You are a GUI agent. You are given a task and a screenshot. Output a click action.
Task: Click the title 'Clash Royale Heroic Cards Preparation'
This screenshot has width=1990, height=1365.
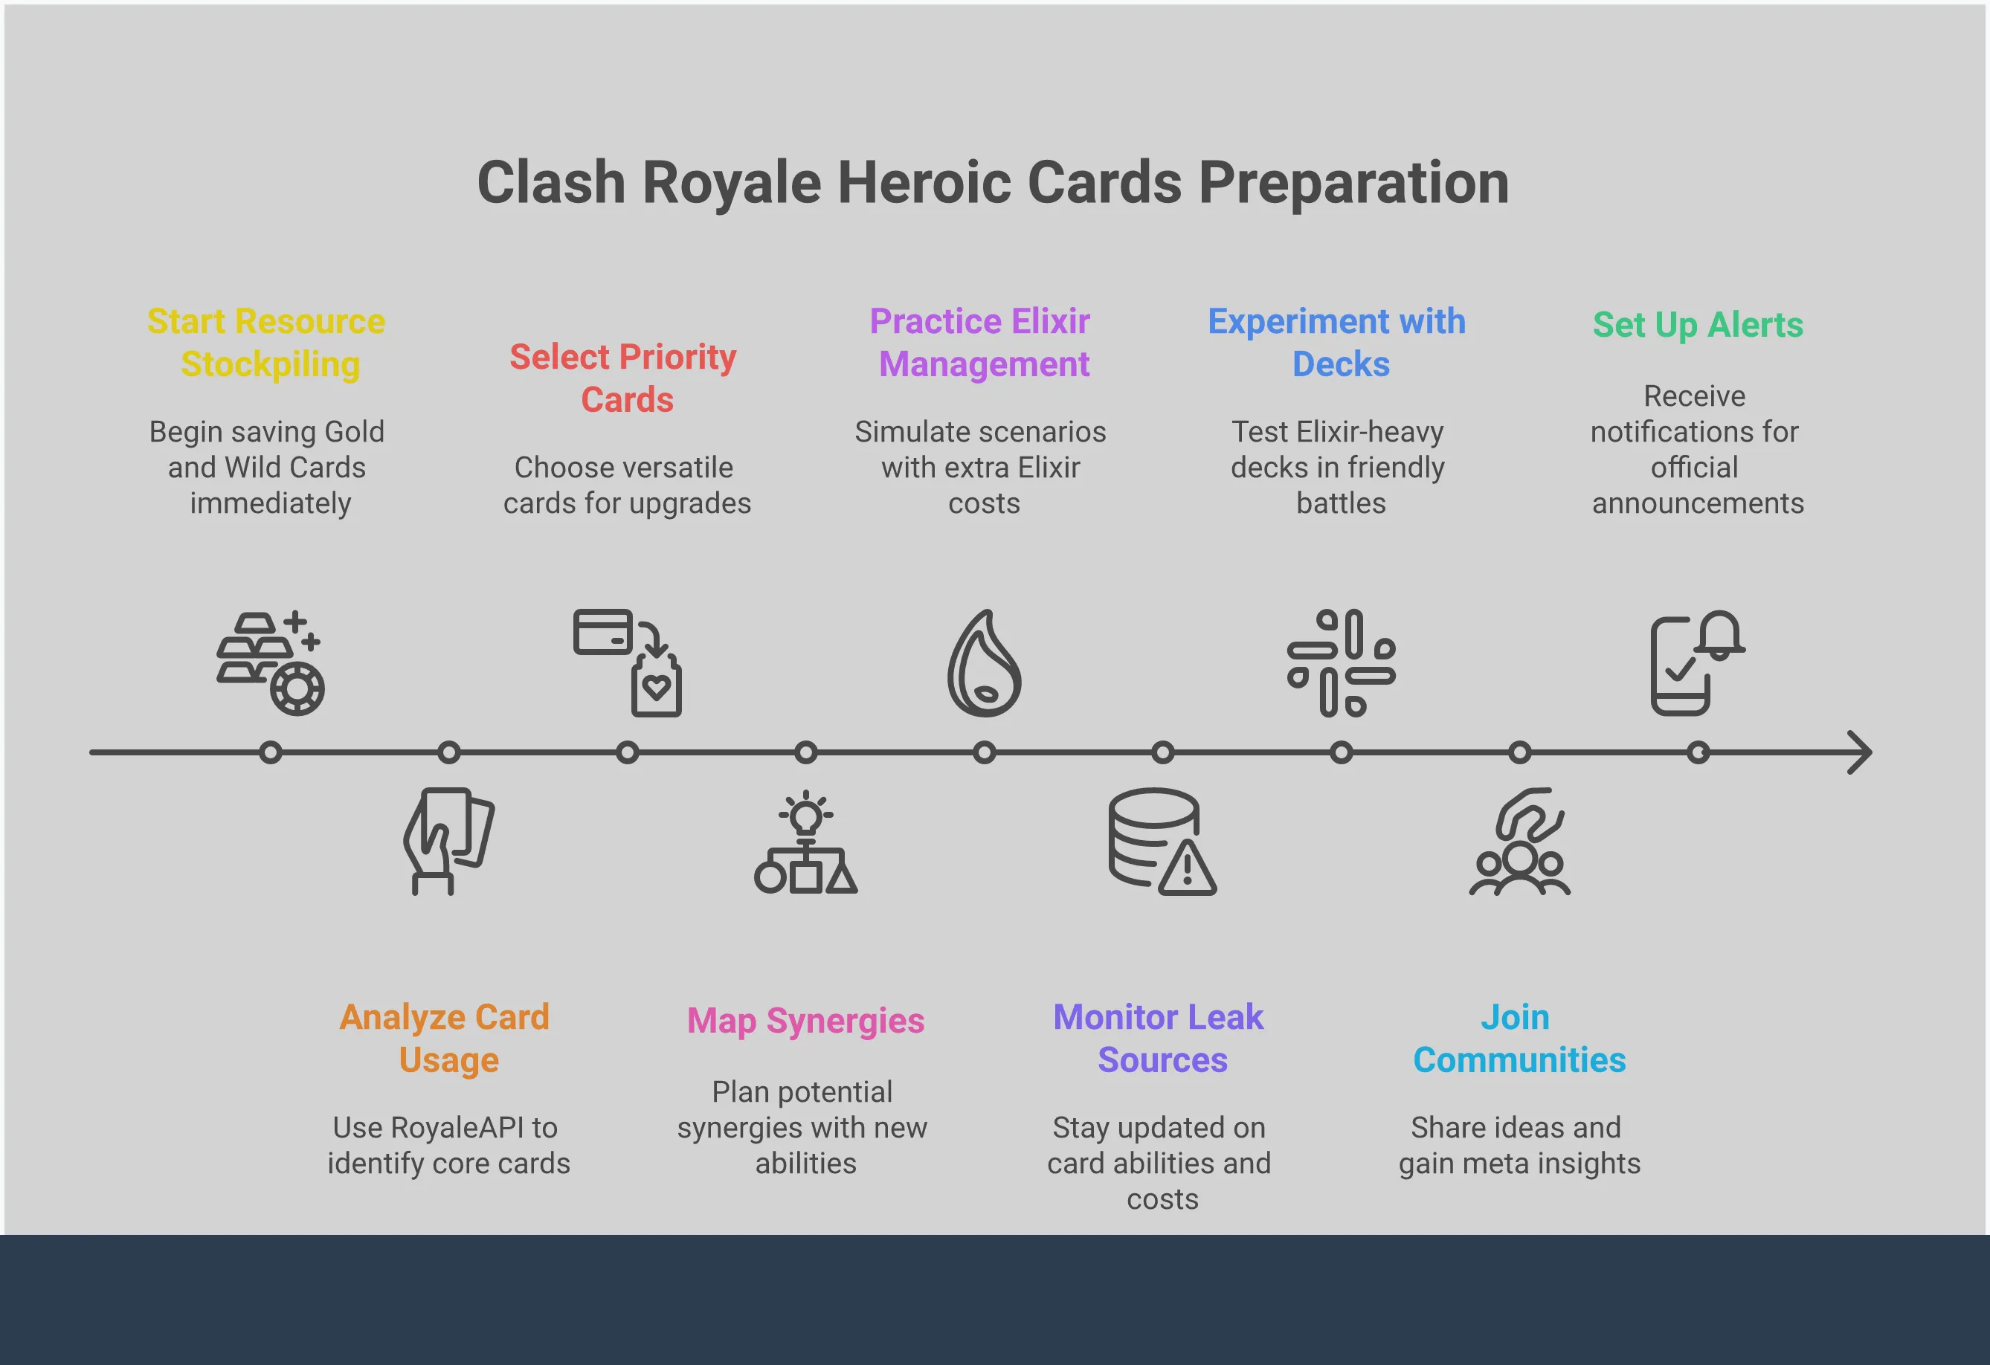pos(994,183)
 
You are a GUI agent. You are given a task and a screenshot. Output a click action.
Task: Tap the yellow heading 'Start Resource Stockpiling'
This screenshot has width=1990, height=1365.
pos(267,343)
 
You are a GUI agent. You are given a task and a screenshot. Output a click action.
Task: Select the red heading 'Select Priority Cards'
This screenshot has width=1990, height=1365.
pos(623,378)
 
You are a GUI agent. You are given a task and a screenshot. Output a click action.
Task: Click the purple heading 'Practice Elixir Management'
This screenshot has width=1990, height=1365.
pos(982,343)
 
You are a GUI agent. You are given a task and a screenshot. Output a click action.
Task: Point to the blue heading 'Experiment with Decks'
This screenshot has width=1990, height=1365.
pos(1338,343)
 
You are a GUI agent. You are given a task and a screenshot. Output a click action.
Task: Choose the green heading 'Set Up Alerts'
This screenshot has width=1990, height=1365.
pos(1698,326)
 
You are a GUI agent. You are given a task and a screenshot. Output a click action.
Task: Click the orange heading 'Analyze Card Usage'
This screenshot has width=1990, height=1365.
pos(445,1038)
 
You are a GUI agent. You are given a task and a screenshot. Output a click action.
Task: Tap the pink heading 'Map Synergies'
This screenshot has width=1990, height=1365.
pos(806,1021)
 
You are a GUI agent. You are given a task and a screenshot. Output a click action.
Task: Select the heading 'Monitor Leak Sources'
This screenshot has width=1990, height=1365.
pos(1159,1038)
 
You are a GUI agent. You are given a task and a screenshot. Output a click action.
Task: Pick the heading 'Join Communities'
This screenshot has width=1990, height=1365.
pos(1519,1038)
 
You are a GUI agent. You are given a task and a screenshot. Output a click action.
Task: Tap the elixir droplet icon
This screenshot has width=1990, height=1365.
pos(985,663)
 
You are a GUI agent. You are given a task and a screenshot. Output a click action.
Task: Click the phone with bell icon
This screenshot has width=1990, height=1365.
pos(1698,663)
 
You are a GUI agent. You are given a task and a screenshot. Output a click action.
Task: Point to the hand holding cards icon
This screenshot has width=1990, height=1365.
pos(448,842)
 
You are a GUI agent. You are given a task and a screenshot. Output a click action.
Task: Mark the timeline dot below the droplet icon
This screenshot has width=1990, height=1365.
pos(985,752)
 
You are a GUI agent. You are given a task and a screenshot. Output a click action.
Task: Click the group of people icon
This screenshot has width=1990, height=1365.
pos(1520,842)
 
